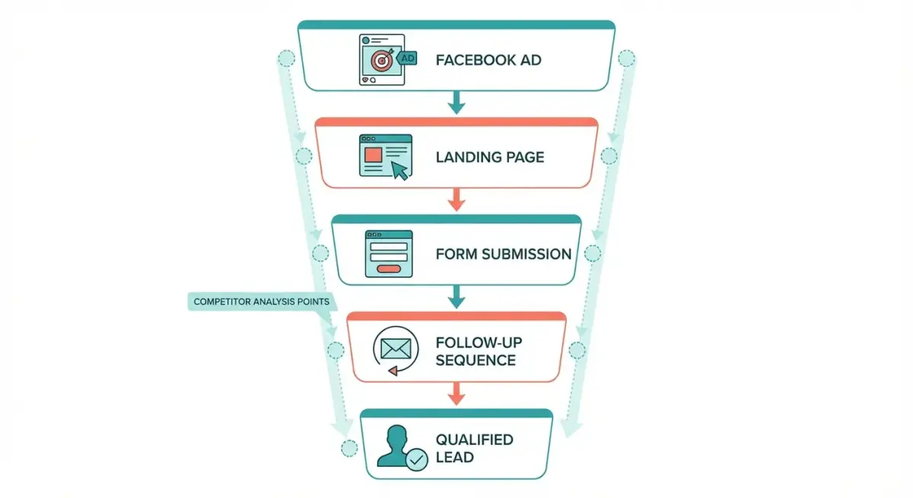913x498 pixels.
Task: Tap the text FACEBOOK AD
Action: click(488, 60)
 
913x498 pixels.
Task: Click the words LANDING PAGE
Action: click(489, 157)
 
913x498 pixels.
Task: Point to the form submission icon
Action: click(388, 254)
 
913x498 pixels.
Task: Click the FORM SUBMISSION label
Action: click(503, 254)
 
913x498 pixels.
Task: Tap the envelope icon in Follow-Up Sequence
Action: click(395, 350)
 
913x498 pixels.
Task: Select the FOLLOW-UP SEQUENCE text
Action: click(479, 351)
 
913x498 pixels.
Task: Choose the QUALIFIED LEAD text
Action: click(474, 448)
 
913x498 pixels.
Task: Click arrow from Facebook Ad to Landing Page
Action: click(456, 103)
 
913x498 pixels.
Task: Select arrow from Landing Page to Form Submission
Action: click(456, 199)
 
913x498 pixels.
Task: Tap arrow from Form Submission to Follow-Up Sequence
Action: click(456, 297)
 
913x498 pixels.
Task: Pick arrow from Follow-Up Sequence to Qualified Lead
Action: click(456, 394)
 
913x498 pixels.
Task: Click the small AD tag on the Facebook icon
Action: click(407, 58)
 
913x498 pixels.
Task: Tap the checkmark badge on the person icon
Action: click(417, 460)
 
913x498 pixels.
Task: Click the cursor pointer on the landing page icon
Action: click(399, 170)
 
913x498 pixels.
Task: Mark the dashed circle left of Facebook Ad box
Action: click(286, 59)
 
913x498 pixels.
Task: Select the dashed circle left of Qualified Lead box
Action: click(349, 448)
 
